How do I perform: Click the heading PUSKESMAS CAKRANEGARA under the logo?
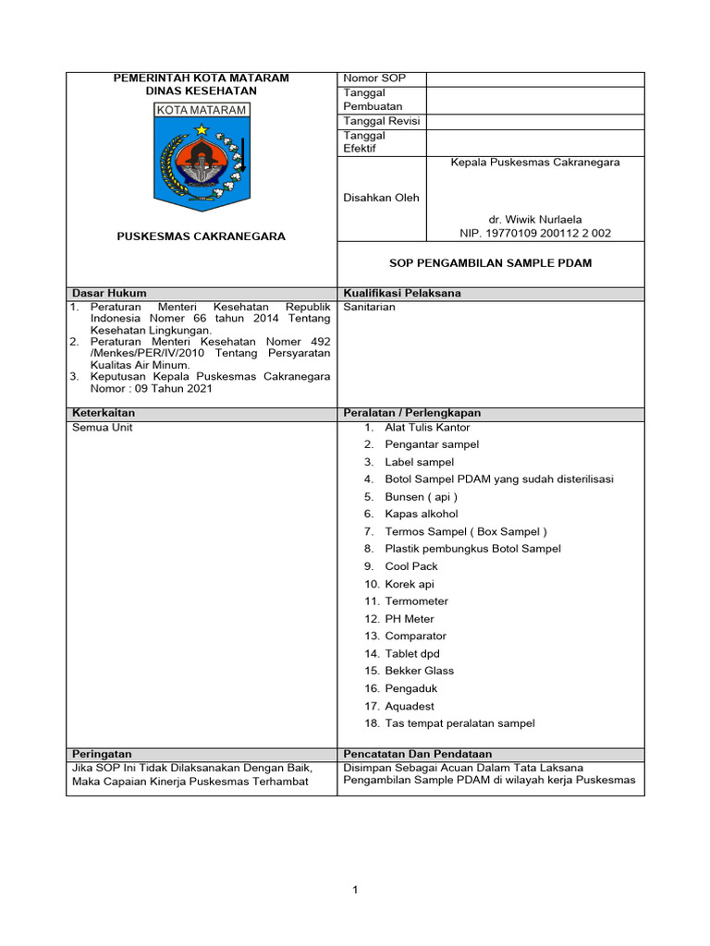click(201, 236)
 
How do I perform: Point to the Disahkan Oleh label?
click(381, 198)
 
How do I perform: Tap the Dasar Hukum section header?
click(109, 293)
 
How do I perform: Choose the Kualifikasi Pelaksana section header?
click(401, 293)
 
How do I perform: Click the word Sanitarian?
click(369, 307)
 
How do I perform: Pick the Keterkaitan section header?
click(104, 413)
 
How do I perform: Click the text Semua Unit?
click(102, 428)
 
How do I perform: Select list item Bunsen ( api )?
click(421, 497)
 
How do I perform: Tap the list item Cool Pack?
click(411, 566)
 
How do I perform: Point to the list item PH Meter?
click(409, 619)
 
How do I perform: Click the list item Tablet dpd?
click(412, 653)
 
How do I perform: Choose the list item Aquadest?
click(410, 706)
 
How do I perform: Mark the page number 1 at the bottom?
click(354, 890)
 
